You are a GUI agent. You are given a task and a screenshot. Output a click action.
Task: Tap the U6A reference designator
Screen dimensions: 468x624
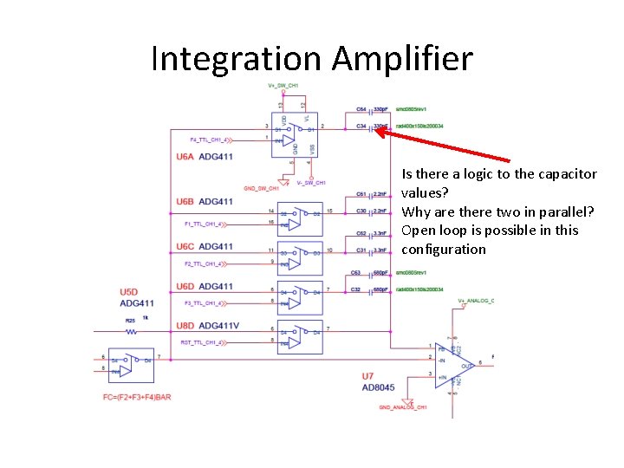185,157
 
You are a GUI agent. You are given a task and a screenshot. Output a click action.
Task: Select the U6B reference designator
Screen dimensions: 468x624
185,202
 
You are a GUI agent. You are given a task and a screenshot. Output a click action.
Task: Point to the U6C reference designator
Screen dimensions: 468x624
185,246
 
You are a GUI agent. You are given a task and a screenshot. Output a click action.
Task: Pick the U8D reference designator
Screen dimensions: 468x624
185,326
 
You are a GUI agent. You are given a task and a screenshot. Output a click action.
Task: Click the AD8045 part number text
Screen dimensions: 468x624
380,387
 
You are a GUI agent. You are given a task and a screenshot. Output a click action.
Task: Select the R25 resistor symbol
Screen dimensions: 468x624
132,331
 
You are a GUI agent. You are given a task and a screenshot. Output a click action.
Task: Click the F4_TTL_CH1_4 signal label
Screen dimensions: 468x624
209,140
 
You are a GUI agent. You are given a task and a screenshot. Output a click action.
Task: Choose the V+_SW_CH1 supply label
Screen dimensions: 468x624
283,85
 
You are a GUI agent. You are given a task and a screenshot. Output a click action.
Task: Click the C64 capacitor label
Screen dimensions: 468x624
361,109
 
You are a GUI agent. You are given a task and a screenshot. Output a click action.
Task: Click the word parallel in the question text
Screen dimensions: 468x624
564,211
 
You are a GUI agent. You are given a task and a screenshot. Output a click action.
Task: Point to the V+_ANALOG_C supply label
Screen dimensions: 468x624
476,301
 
